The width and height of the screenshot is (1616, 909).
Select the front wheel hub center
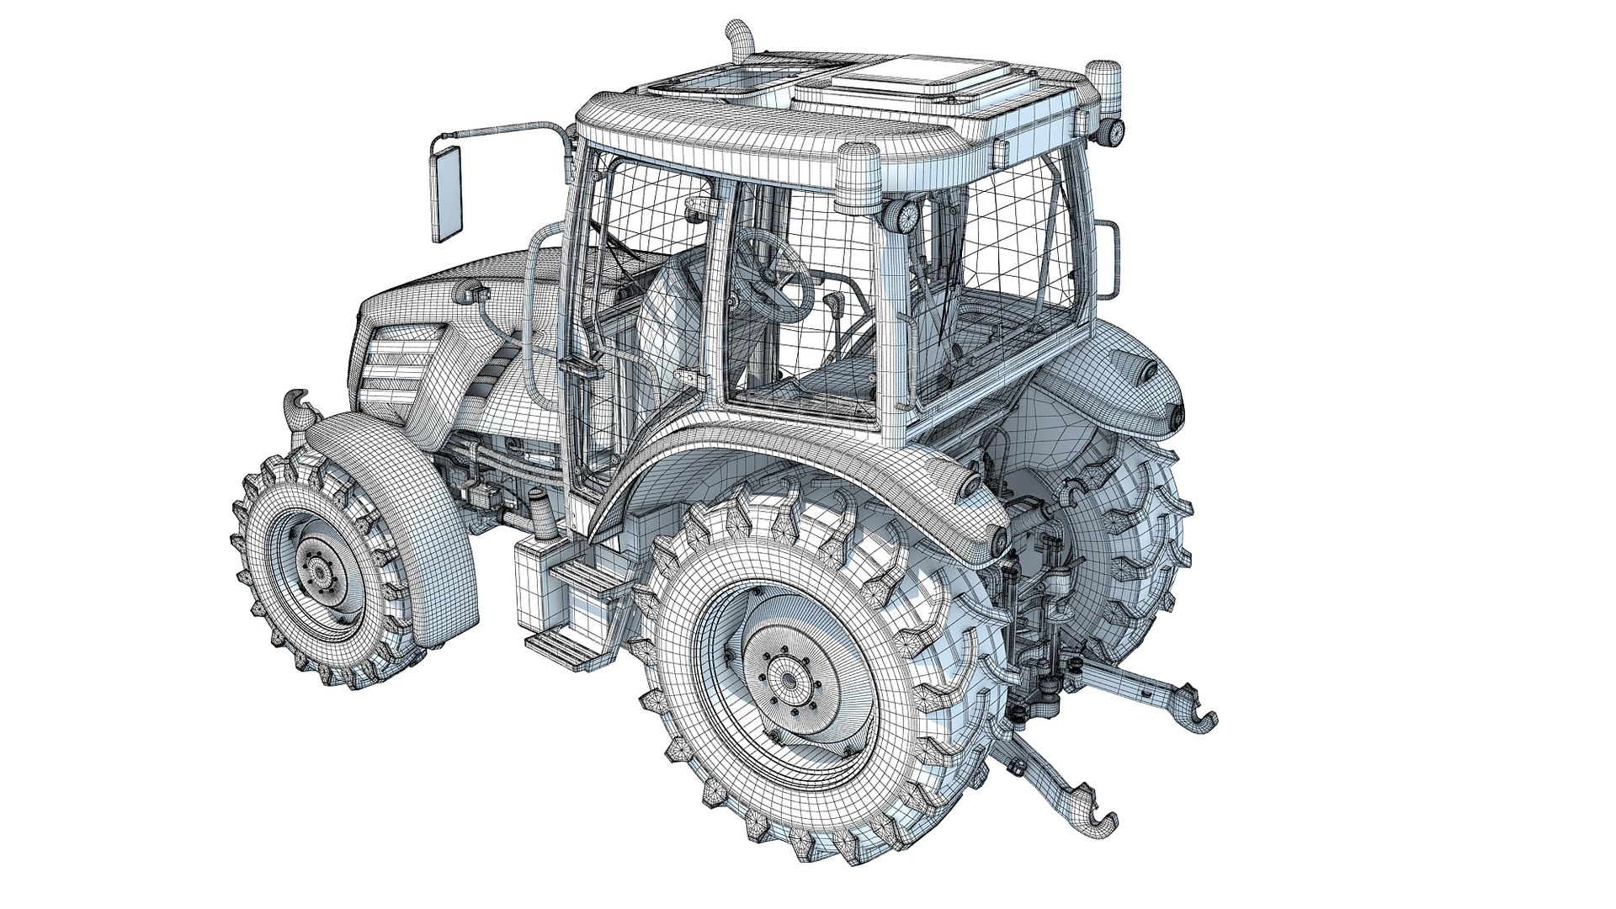point(320,573)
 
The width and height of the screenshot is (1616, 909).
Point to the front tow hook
point(299,409)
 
